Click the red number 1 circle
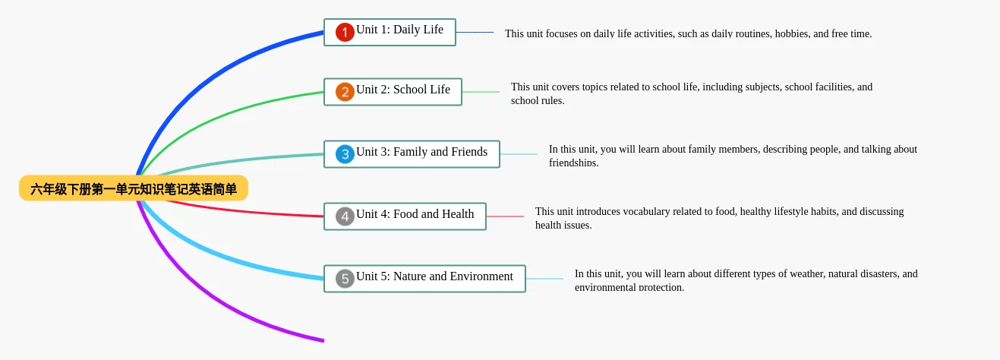[x=345, y=32]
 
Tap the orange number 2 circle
[x=345, y=92]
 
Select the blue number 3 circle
[x=345, y=154]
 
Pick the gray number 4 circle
[x=345, y=216]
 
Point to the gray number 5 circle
[x=345, y=279]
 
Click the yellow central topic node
[x=134, y=188]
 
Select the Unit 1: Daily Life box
[x=390, y=32]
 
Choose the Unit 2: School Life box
[x=393, y=92]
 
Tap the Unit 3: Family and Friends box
[x=412, y=154]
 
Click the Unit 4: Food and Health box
[x=405, y=216]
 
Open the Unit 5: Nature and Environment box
[x=424, y=279]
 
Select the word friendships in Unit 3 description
[x=574, y=163]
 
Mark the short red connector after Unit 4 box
[x=505, y=216]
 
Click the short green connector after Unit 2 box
[x=481, y=92]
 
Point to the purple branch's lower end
[x=323, y=341]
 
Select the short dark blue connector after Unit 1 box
[x=475, y=32]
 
